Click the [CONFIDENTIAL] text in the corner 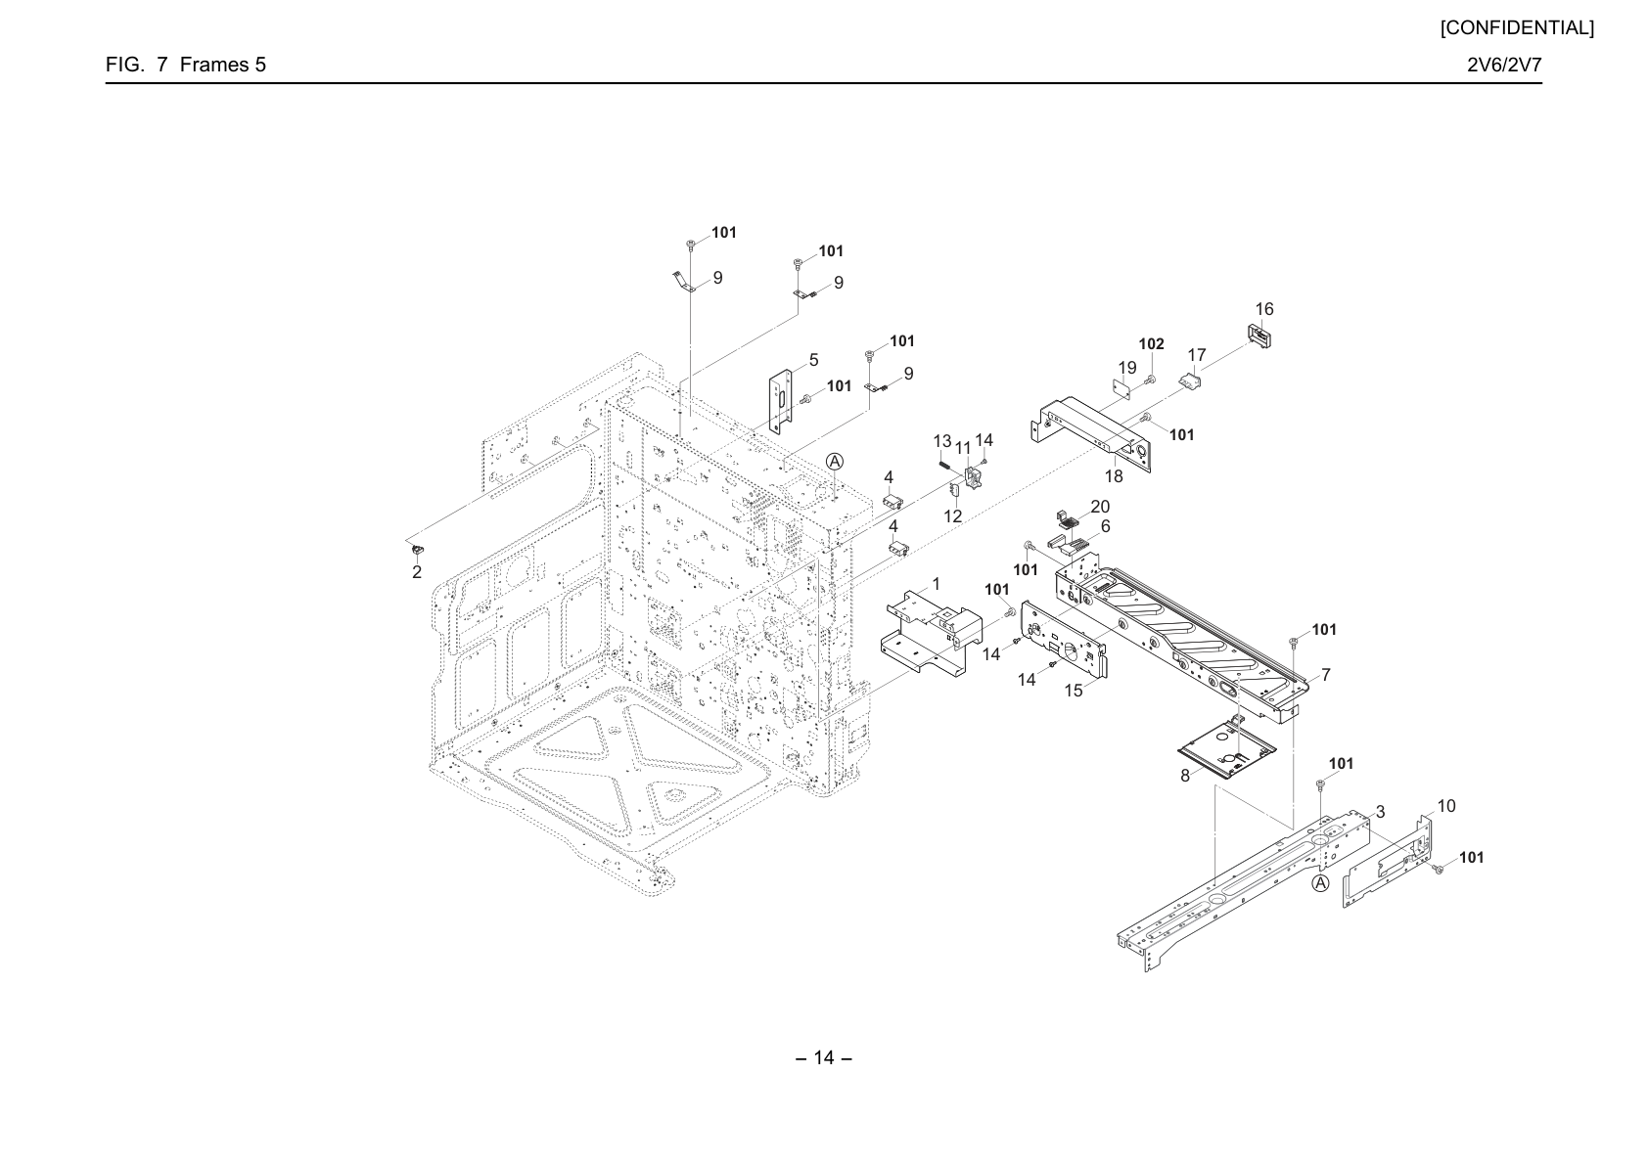coord(1517,28)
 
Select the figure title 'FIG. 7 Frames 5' coord(185,65)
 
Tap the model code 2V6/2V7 coord(1504,65)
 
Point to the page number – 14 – coord(824,1057)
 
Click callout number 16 coord(1264,309)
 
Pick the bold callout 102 coord(1152,343)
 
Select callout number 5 coord(813,360)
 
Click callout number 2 coord(417,572)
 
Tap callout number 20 coord(1100,506)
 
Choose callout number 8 coord(1185,776)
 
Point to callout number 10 coord(1445,806)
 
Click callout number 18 coord(1114,476)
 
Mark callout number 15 coord(1074,691)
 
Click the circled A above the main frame coord(835,461)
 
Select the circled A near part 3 coord(1320,883)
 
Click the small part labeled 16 coord(1260,336)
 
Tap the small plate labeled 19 coord(1122,389)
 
